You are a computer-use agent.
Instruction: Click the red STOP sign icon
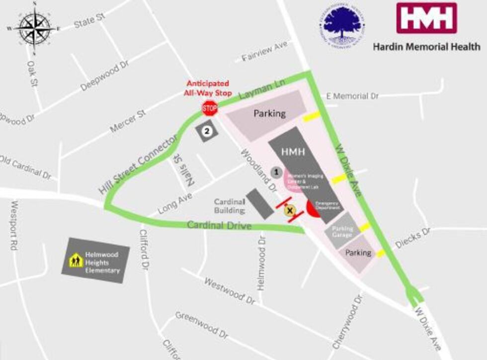coord(210,107)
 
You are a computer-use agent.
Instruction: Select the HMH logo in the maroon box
coord(426,18)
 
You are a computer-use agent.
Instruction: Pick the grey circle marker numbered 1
coord(277,172)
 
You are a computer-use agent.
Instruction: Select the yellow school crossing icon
coord(76,261)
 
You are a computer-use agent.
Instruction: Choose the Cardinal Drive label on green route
coord(219,225)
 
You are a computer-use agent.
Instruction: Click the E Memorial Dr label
coord(354,96)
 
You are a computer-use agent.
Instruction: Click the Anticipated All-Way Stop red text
coord(208,88)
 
